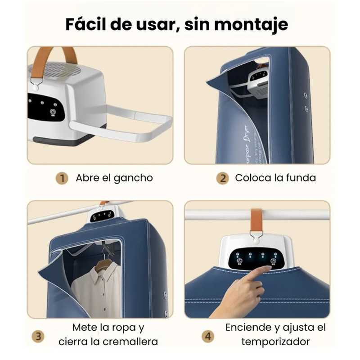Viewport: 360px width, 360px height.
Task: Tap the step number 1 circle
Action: click(x=62, y=178)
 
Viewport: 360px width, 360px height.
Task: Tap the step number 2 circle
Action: click(x=222, y=178)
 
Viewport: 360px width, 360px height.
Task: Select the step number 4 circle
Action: click(x=208, y=336)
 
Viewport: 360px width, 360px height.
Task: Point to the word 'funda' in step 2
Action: click(x=301, y=178)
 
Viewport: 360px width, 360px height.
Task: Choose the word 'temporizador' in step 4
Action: click(x=275, y=342)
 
